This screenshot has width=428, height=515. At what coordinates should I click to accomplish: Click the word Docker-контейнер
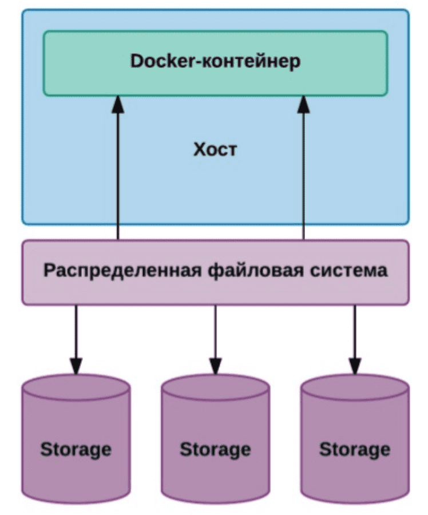215,62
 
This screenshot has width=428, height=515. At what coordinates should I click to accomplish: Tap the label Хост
215,150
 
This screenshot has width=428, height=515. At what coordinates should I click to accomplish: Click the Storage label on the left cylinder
76,449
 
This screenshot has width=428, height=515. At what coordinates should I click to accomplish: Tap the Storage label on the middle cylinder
215,449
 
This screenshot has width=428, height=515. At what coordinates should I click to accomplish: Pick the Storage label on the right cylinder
355,449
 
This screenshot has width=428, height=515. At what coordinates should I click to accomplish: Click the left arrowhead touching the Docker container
118,104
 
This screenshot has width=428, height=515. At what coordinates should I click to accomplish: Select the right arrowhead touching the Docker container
304,104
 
